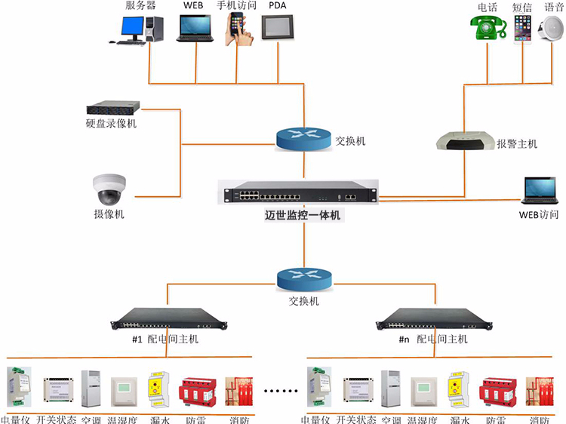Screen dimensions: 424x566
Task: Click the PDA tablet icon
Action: (x=276, y=28)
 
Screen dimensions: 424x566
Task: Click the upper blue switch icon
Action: (x=303, y=138)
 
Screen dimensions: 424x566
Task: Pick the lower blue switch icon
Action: (x=303, y=279)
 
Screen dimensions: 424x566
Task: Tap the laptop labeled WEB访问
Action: (x=540, y=191)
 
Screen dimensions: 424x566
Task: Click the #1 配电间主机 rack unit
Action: (x=163, y=320)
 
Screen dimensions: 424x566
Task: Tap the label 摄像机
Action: (x=109, y=214)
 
